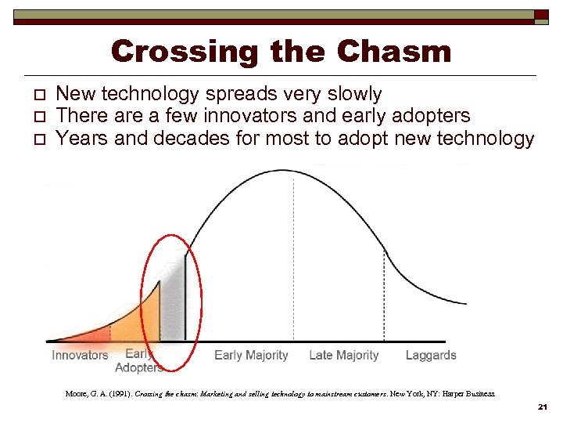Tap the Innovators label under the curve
coord(80,356)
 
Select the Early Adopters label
coord(138,360)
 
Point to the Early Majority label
coord(251,356)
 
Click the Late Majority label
coord(343,356)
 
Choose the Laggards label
coord(431,356)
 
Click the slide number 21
coord(543,408)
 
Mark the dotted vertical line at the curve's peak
coord(293,258)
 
